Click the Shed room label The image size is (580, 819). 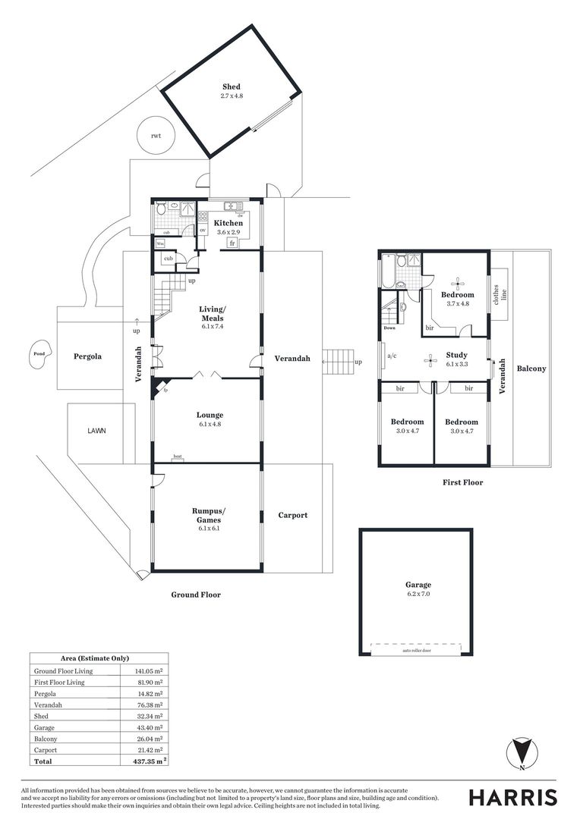point(231,87)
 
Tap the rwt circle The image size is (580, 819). point(156,136)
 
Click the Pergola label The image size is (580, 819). point(88,356)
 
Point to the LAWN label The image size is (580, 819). point(96,430)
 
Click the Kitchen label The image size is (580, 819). point(228,223)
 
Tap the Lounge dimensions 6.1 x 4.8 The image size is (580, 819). point(210,425)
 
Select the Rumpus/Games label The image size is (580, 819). point(207,516)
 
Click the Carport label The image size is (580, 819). point(292,515)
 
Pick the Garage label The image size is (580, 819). point(418,585)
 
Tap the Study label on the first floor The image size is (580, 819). point(456,355)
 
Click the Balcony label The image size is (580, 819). point(531,369)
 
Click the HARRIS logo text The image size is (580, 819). point(512,797)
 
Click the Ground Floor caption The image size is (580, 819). point(195,595)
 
